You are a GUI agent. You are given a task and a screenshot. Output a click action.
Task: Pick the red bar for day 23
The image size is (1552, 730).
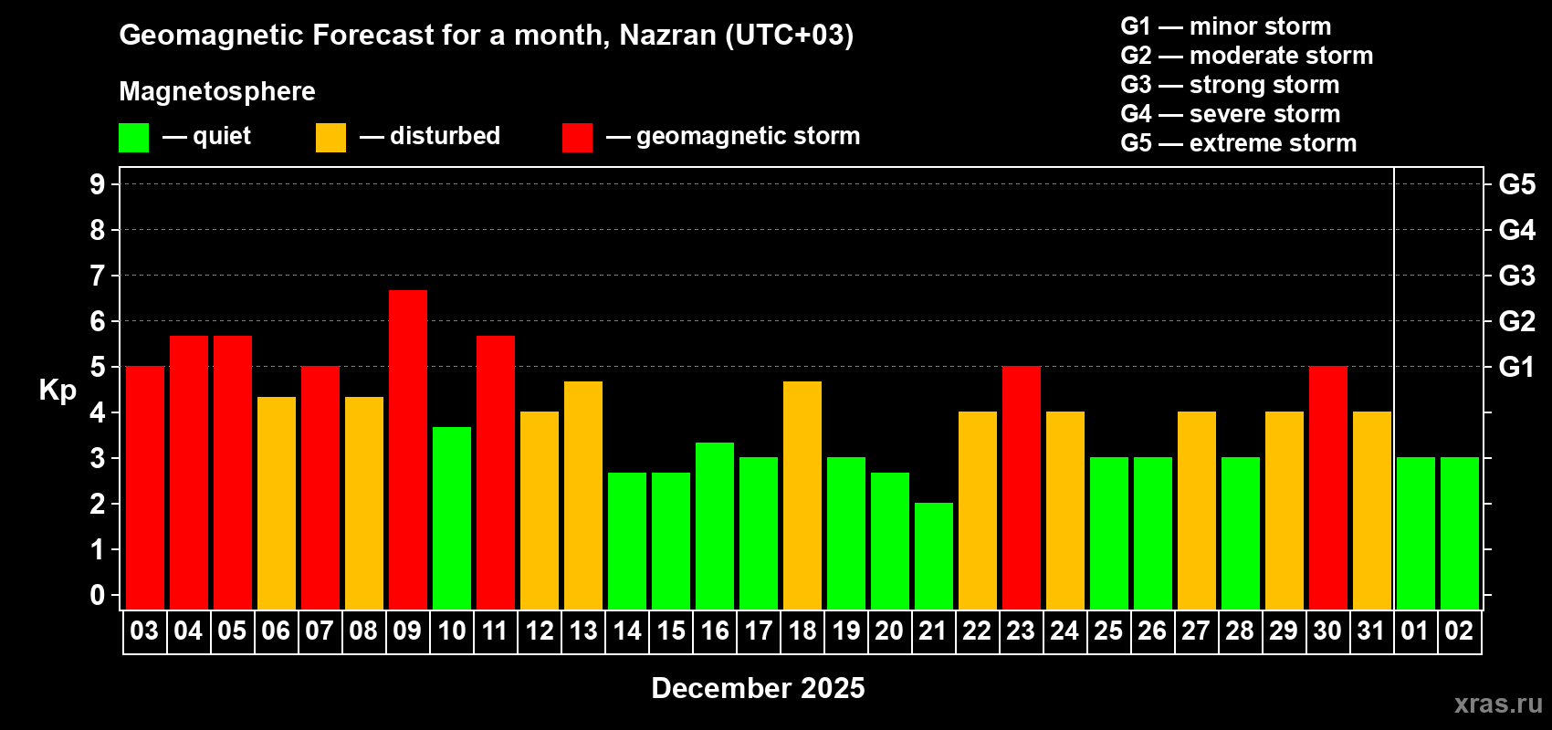pyautogui.click(x=1021, y=487)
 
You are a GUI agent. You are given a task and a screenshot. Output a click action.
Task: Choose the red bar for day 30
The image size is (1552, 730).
pyautogui.click(x=1327, y=487)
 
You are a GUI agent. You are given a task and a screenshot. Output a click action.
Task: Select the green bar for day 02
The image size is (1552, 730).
pyautogui.click(x=1459, y=533)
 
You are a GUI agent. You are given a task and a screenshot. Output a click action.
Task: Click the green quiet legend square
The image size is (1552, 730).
pyautogui.click(x=133, y=137)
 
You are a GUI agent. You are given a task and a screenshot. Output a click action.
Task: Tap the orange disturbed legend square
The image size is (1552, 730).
pyautogui.click(x=330, y=137)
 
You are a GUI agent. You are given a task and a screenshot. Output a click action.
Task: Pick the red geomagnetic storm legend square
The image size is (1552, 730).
pyautogui.click(x=577, y=137)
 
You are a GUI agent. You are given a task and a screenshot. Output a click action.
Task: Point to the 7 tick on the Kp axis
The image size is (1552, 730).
pyautogui.click(x=98, y=276)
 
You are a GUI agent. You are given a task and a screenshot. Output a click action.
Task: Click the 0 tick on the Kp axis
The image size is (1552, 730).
pyautogui.click(x=98, y=595)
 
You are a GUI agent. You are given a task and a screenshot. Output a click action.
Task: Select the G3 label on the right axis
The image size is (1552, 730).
pyautogui.click(x=1516, y=276)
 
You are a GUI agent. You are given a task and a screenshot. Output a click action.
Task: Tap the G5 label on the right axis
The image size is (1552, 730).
pyautogui.click(x=1516, y=184)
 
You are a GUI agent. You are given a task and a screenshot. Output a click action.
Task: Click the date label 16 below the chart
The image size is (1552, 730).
pyautogui.click(x=714, y=631)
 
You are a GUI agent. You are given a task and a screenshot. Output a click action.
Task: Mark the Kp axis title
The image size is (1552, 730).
pyautogui.click(x=58, y=390)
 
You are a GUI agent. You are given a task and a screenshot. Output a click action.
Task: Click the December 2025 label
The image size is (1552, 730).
pyautogui.click(x=758, y=688)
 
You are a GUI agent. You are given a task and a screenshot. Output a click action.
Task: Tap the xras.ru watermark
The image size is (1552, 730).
pyautogui.click(x=1497, y=704)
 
